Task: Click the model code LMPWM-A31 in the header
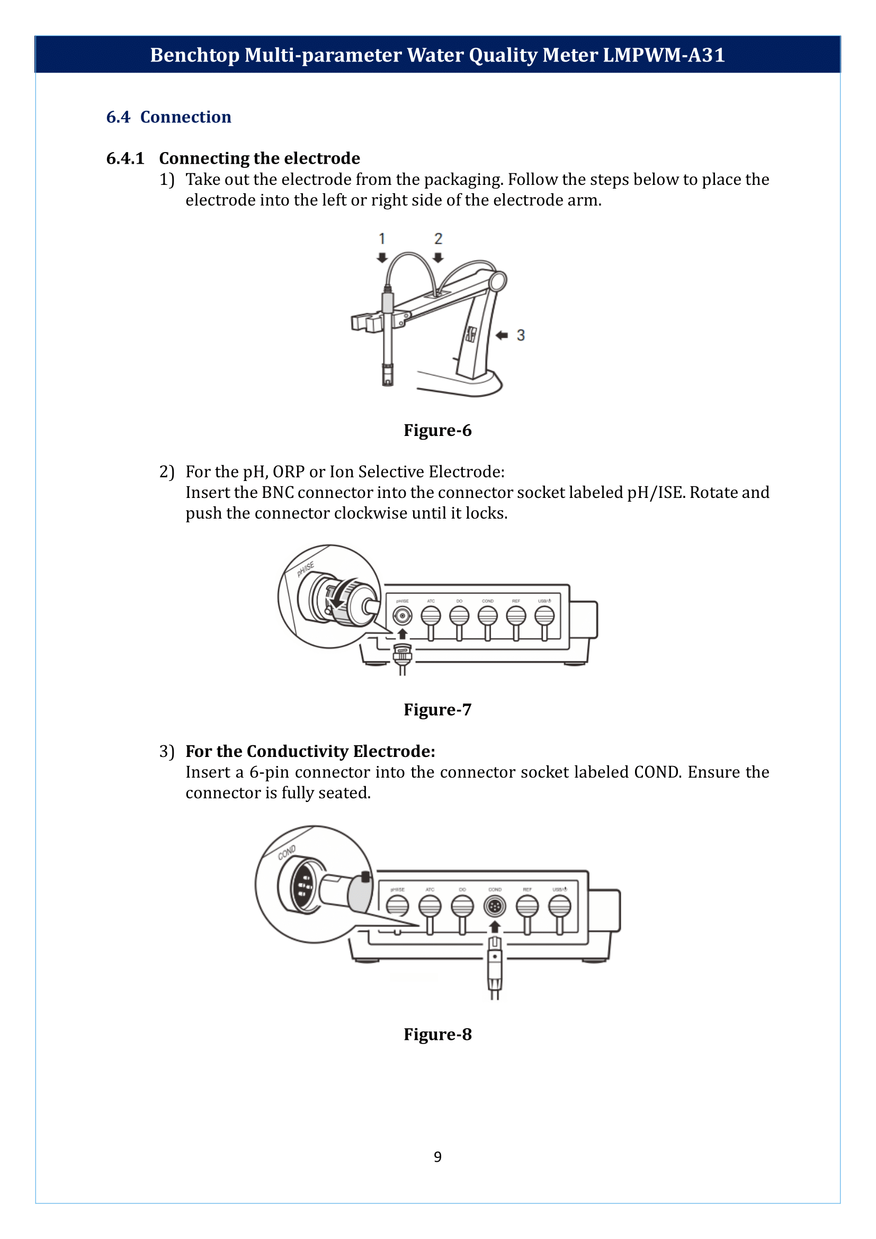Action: [663, 55]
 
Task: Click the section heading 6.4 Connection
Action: [168, 117]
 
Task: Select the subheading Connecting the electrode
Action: [259, 158]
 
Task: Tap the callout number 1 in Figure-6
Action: [382, 238]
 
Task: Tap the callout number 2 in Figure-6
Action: [438, 238]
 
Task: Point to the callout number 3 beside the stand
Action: [521, 335]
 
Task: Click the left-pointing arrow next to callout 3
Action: [502, 335]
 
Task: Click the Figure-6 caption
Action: [437, 430]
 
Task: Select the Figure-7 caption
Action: [437, 710]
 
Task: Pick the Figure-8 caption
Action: [437, 1034]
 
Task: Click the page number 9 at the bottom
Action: [437, 1156]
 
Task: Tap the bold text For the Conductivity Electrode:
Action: [310, 751]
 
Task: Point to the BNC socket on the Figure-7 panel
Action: [403, 616]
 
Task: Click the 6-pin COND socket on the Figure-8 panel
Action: [495, 906]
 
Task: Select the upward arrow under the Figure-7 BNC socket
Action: [403, 634]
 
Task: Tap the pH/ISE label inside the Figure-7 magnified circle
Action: [305, 569]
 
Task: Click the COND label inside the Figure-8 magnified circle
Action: [287, 853]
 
